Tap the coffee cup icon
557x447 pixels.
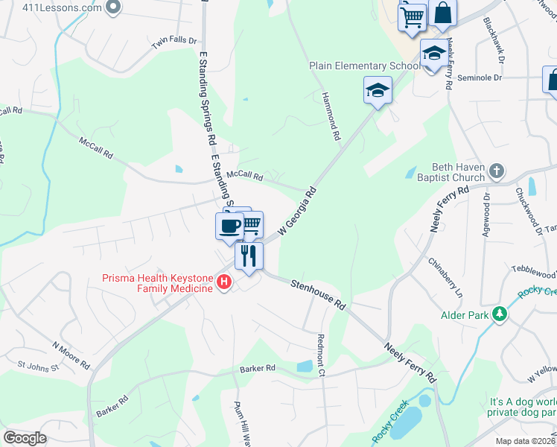[229, 224]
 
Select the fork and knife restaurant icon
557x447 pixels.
[249, 255]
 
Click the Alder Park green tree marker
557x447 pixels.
[500, 314]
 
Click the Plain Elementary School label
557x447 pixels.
[365, 66]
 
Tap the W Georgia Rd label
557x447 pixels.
[298, 212]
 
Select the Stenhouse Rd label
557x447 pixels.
[319, 294]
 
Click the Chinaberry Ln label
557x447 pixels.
[446, 277]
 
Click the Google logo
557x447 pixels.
[25, 437]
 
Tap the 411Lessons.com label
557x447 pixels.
[51, 7]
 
